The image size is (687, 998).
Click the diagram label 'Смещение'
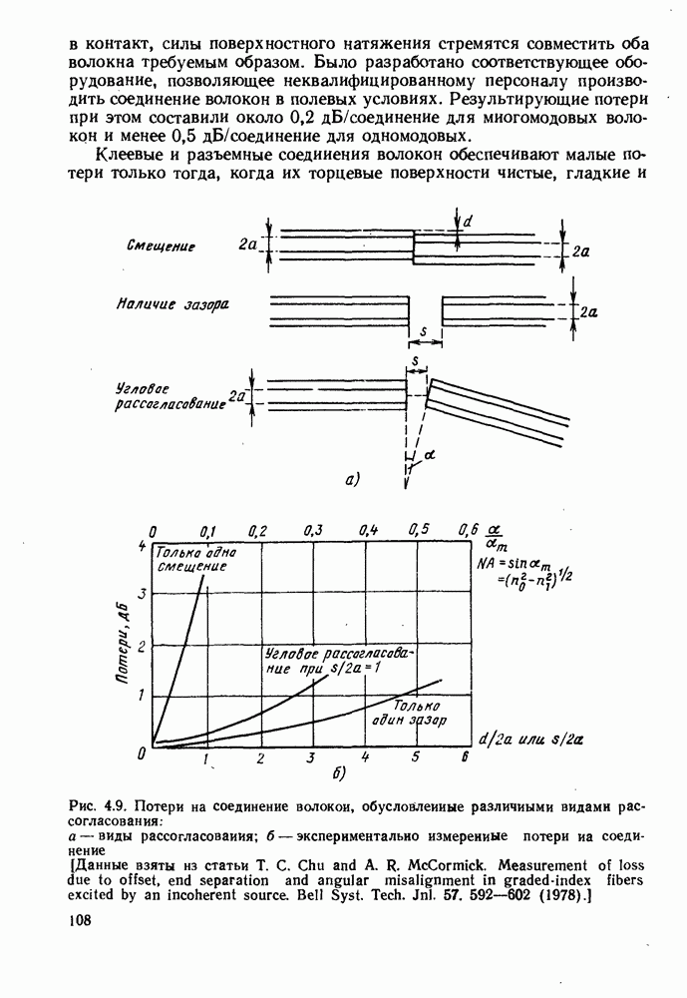(161, 246)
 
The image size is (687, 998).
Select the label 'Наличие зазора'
(172, 304)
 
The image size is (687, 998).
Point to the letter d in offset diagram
(467, 221)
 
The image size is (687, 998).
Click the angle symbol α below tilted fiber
(430, 454)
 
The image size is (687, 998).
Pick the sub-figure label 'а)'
(351, 480)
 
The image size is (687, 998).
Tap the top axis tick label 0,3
(312, 530)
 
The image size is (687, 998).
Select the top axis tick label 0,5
(418, 530)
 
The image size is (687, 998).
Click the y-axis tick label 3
(141, 594)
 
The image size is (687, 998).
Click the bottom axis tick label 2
(259, 758)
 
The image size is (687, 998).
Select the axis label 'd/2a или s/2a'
(531, 740)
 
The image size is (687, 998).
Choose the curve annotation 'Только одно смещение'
(195, 559)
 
